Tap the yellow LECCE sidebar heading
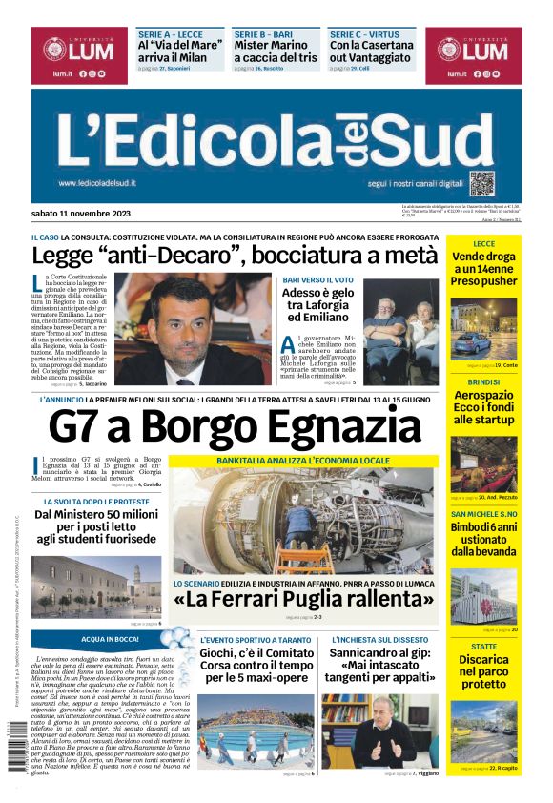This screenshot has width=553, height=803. (x=483, y=243)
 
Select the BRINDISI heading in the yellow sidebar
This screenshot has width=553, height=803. (x=483, y=380)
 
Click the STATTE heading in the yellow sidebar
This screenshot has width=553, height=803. (x=483, y=646)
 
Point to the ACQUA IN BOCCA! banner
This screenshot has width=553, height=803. (x=110, y=638)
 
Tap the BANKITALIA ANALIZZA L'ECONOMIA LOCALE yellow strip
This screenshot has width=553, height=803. (x=303, y=461)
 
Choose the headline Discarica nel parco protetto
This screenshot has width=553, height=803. (x=483, y=671)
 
